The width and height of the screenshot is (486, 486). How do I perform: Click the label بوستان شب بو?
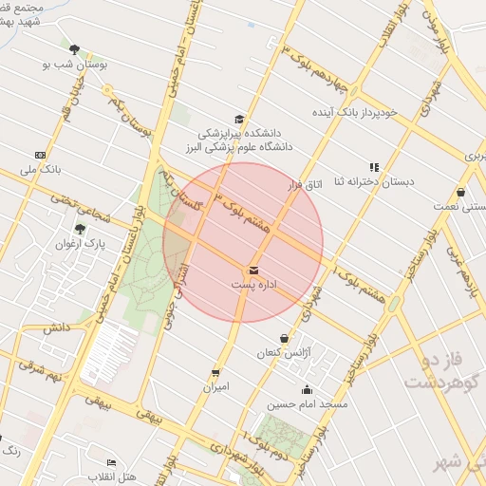coord(74,64)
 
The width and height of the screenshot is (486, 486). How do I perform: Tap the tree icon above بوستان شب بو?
coord(74,48)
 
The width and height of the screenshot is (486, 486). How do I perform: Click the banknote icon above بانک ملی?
coord(40,155)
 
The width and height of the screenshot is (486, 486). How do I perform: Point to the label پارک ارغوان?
coord(80,244)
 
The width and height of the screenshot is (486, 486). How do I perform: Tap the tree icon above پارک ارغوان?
coord(80,229)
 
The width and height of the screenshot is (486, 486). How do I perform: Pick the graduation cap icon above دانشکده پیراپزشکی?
coord(239,120)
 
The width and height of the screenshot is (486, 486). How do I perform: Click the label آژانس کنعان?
coord(285,352)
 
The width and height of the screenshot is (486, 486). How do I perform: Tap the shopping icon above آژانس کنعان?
coord(284,338)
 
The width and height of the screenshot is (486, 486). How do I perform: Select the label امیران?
coord(215,387)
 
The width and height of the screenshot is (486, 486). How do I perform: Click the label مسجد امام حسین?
coord(307,403)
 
